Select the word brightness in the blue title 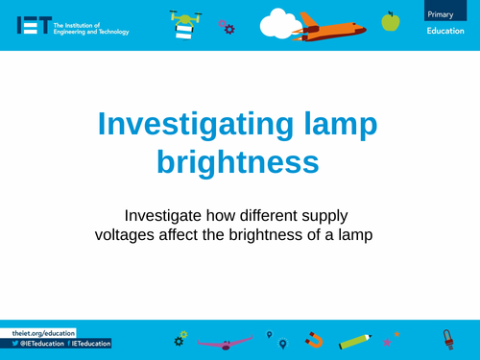239,160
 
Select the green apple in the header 390,20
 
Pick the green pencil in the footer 354,340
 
